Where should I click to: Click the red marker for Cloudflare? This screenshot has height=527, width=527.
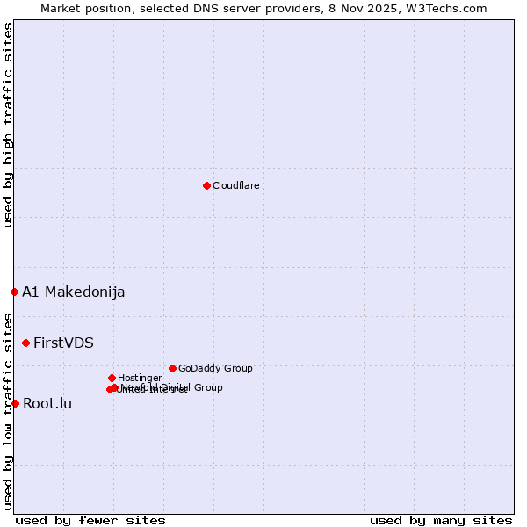point(206,185)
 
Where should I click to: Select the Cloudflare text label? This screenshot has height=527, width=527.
point(235,185)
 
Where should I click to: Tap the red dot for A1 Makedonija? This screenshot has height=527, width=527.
point(14,292)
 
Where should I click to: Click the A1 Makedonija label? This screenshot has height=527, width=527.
point(73,292)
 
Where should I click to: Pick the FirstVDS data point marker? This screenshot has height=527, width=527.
point(25,343)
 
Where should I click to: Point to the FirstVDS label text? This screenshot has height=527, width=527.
point(63,343)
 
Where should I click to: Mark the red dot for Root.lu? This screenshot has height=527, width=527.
point(15,403)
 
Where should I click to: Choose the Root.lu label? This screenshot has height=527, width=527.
point(47,403)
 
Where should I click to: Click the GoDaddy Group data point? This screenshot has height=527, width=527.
point(172,368)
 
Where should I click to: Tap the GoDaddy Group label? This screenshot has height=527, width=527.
point(215,368)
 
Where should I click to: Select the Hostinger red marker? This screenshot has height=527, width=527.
point(112,378)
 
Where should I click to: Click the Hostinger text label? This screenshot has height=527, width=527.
point(140,378)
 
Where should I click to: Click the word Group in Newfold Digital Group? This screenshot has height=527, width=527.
point(207,387)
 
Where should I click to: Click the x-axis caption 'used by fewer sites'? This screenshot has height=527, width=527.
point(90,520)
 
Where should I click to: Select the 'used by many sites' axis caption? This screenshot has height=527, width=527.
point(441,520)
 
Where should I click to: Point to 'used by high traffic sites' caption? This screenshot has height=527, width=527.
point(8,125)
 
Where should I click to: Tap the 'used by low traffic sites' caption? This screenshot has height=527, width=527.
point(8,411)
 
